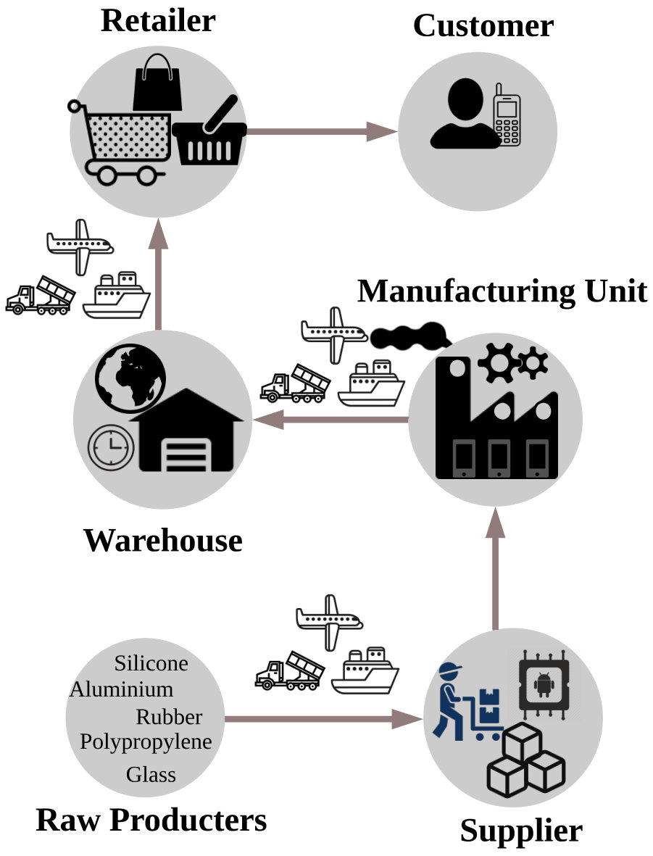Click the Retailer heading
pos(158,21)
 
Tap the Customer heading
pos(483,25)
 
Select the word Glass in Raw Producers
pos(151,774)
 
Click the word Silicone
pos(151,663)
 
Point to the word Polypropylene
pos(146,742)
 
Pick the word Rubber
pos(169,717)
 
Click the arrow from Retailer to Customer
pos(322,131)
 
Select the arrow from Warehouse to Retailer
pos(158,274)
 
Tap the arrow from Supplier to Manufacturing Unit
pos(495,568)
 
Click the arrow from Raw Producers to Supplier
pos(323,718)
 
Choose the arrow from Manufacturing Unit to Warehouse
pos(330,420)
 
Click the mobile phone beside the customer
pos(507,115)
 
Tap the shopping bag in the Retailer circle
pos(157,83)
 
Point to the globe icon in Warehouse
pos(130,379)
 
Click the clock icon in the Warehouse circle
pos(111,447)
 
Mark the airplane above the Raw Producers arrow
pos(329,623)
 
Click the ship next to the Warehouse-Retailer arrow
pos(116,295)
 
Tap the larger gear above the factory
pos(499,362)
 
